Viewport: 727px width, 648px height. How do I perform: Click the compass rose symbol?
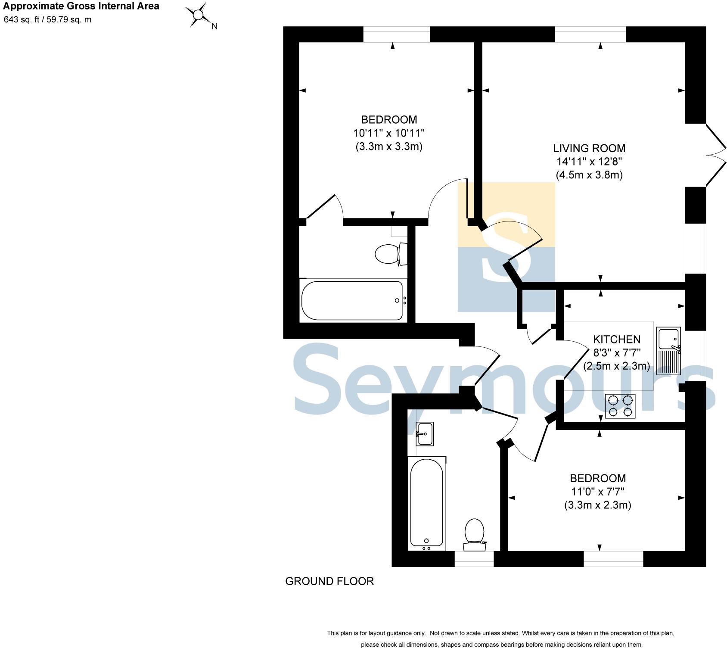pyautogui.click(x=198, y=15)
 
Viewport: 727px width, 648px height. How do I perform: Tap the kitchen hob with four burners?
pyautogui.click(x=620, y=406)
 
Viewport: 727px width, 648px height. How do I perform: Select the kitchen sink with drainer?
pyautogui.click(x=668, y=350)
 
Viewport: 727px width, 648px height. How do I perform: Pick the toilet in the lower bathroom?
pyautogui.click(x=475, y=534)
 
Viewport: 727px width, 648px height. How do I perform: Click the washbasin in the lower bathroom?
pyautogui.click(x=425, y=434)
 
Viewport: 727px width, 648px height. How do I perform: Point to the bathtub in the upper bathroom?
pyautogui.click(x=352, y=300)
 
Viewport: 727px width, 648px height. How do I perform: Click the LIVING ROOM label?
pyautogui.click(x=589, y=148)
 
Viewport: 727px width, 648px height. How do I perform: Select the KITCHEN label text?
pyautogui.click(x=617, y=339)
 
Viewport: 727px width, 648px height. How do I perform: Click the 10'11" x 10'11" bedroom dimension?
pyautogui.click(x=389, y=133)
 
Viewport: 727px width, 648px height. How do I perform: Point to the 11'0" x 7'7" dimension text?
pyautogui.click(x=598, y=492)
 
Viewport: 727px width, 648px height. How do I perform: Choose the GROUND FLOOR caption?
pyautogui.click(x=329, y=581)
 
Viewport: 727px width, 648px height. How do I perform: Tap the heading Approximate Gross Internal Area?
pyautogui.click(x=81, y=6)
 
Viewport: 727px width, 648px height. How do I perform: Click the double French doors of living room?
pyautogui.click(x=716, y=155)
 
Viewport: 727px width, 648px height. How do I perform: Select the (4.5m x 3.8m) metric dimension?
pyautogui.click(x=589, y=175)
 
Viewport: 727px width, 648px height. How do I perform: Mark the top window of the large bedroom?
pyautogui.click(x=397, y=34)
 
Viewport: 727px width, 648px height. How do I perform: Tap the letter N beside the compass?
pyautogui.click(x=214, y=27)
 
